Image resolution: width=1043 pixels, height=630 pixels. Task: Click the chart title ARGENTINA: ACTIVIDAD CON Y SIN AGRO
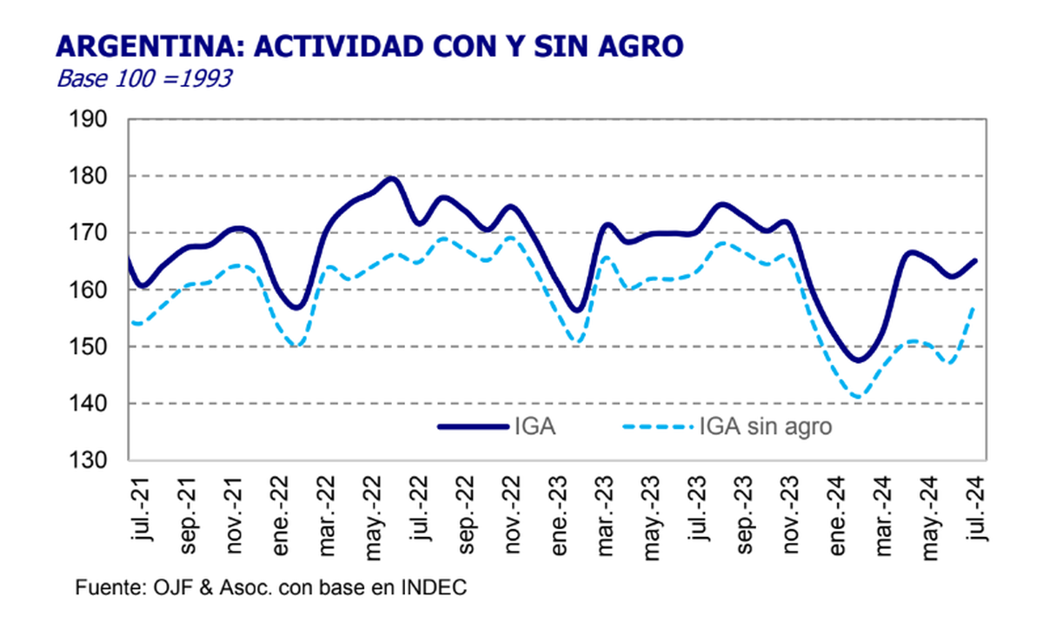coord(369,47)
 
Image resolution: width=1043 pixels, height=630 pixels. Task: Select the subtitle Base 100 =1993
coord(143,79)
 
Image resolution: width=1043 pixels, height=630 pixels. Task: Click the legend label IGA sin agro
coord(765,426)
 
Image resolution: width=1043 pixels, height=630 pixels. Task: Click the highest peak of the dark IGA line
coord(391,178)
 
